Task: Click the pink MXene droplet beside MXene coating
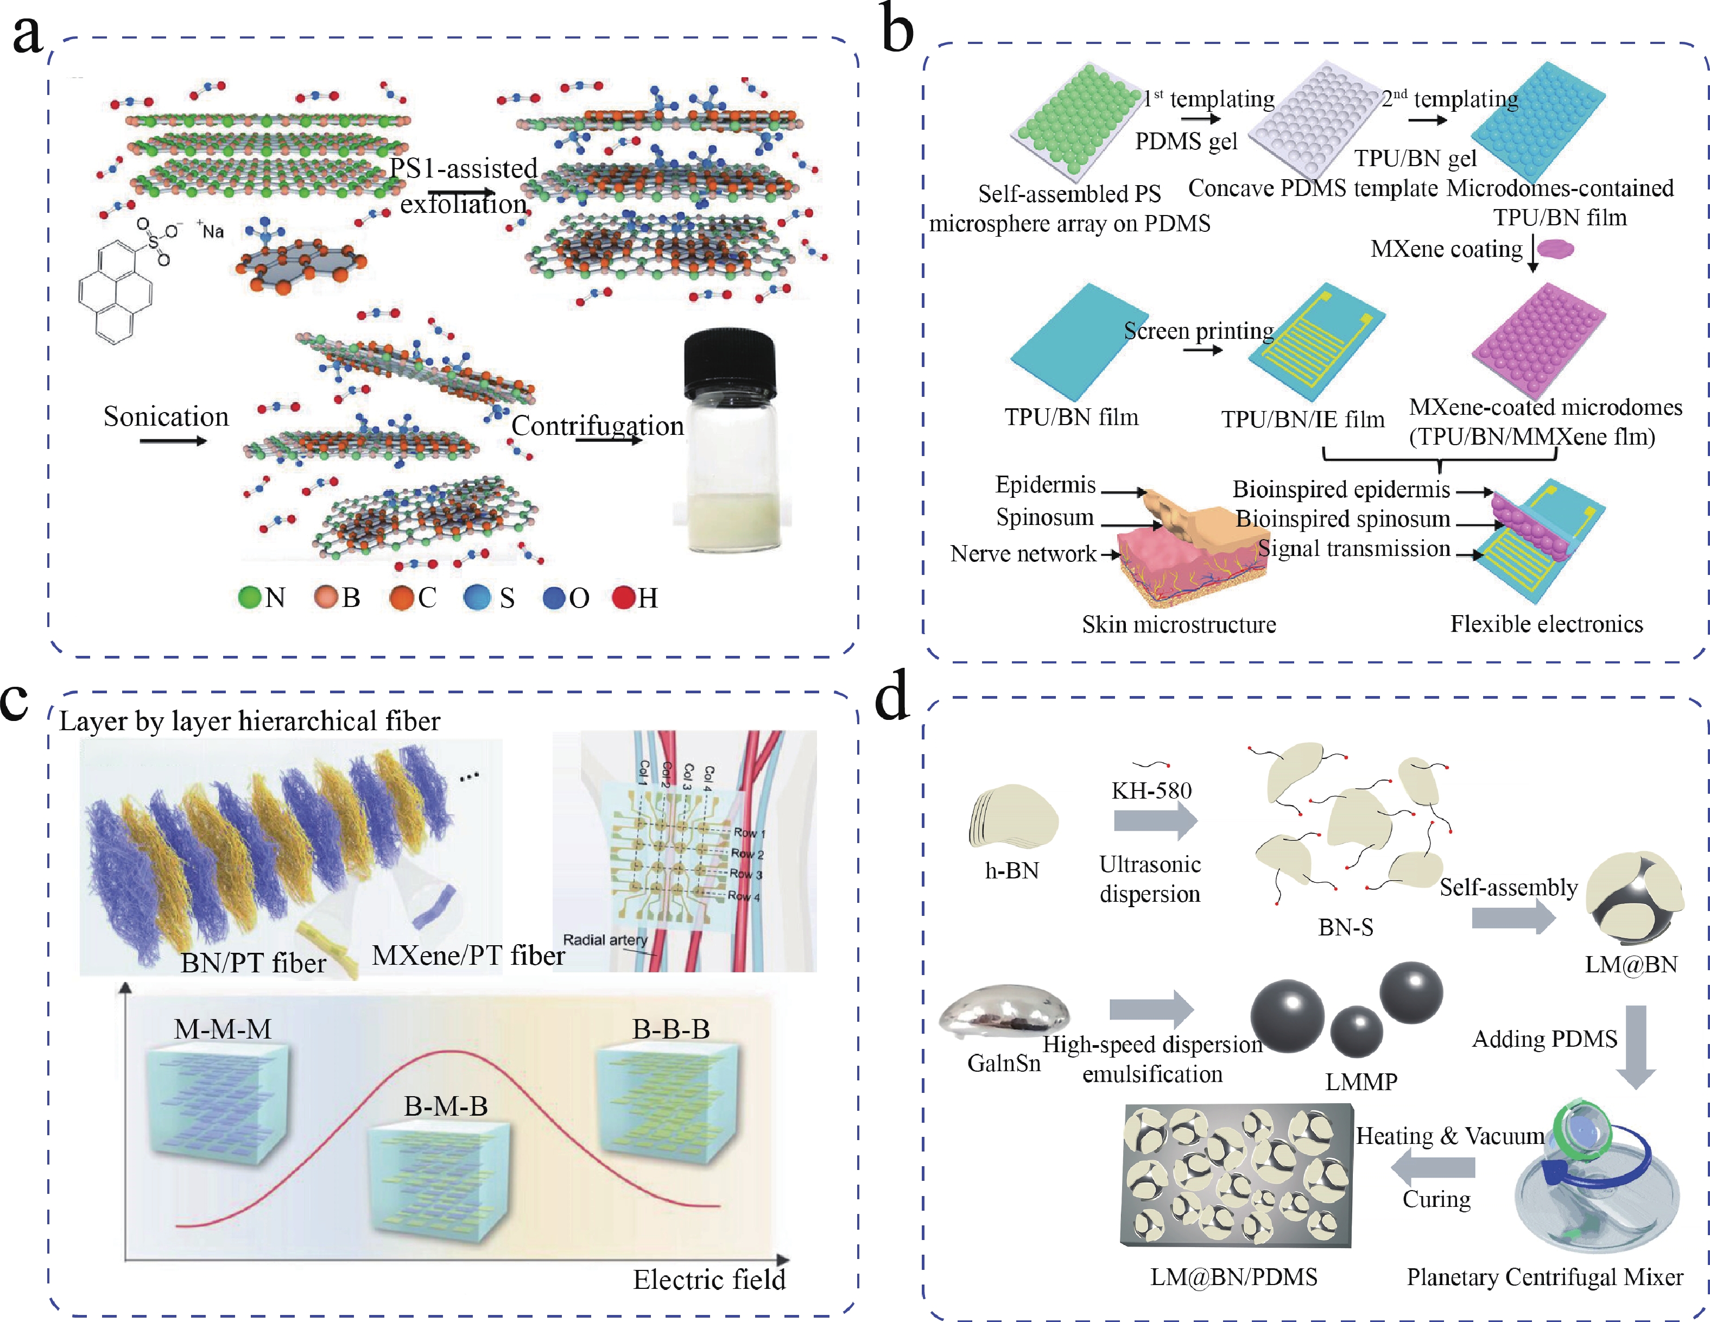coord(1555,250)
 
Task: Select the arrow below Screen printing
coord(1202,350)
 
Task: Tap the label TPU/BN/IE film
coord(1302,420)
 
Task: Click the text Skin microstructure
coord(1179,624)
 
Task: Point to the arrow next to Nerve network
coord(1110,554)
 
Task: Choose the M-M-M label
coord(223,1028)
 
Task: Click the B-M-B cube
coord(439,1175)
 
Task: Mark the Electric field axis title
coord(708,1279)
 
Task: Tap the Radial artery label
coord(605,940)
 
